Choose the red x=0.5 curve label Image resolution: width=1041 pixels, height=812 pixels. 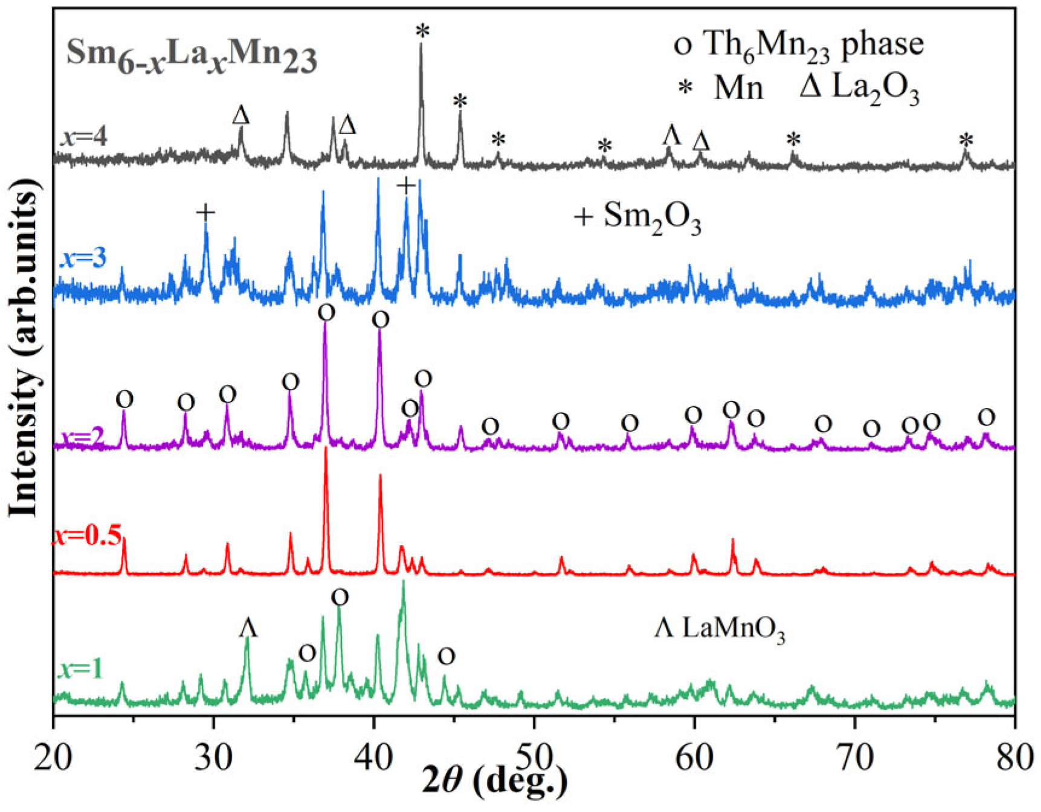coord(88,534)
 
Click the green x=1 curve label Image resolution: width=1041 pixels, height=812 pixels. coord(81,669)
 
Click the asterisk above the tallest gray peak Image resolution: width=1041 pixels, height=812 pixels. coord(422,31)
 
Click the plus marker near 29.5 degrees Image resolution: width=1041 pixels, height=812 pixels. coord(205,213)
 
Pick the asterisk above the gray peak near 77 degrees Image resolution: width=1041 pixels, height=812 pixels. coord(966,141)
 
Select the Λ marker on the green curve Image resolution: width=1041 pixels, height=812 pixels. coord(248,628)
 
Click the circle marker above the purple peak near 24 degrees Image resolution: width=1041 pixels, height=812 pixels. coord(124,399)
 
